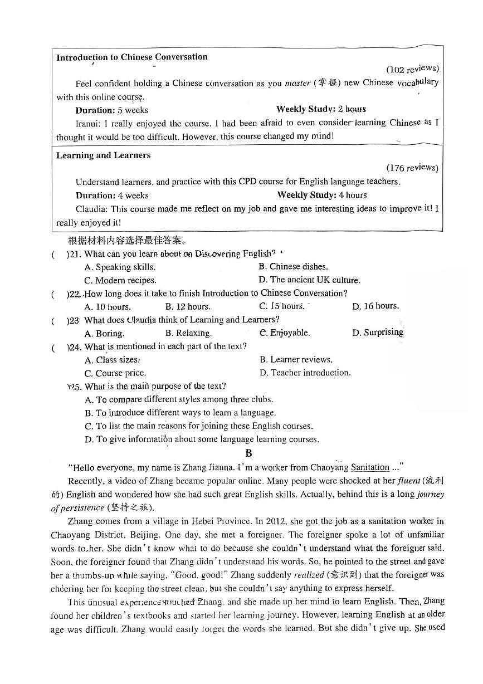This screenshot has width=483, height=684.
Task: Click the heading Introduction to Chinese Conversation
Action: pyautogui.click(x=131, y=57)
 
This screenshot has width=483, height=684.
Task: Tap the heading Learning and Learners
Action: pyautogui.click(x=103, y=155)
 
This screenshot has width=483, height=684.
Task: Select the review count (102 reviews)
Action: pyautogui.click(x=412, y=70)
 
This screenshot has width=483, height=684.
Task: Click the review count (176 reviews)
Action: pyautogui.click(x=412, y=168)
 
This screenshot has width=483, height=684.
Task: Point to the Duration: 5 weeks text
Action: pyautogui.click(x=111, y=110)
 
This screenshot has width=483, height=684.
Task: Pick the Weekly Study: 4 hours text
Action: pyautogui.click(x=321, y=195)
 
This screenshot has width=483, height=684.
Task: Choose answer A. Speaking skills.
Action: pyautogui.click(x=120, y=267)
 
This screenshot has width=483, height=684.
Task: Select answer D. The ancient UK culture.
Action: pyautogui.click(x=309, y=280)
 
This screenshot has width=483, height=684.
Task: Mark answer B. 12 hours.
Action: pyautogui.click(x=188, y=306)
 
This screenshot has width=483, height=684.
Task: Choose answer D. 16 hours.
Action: pyautogui.click(x=375, y=306)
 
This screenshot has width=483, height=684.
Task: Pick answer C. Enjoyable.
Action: pyautogui.click(x=284, y=333)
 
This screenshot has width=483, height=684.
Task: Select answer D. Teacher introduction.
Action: pyautogui.click(x=305, y=373)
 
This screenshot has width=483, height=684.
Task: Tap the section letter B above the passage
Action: pyautogui.click(x=248, y=453)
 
